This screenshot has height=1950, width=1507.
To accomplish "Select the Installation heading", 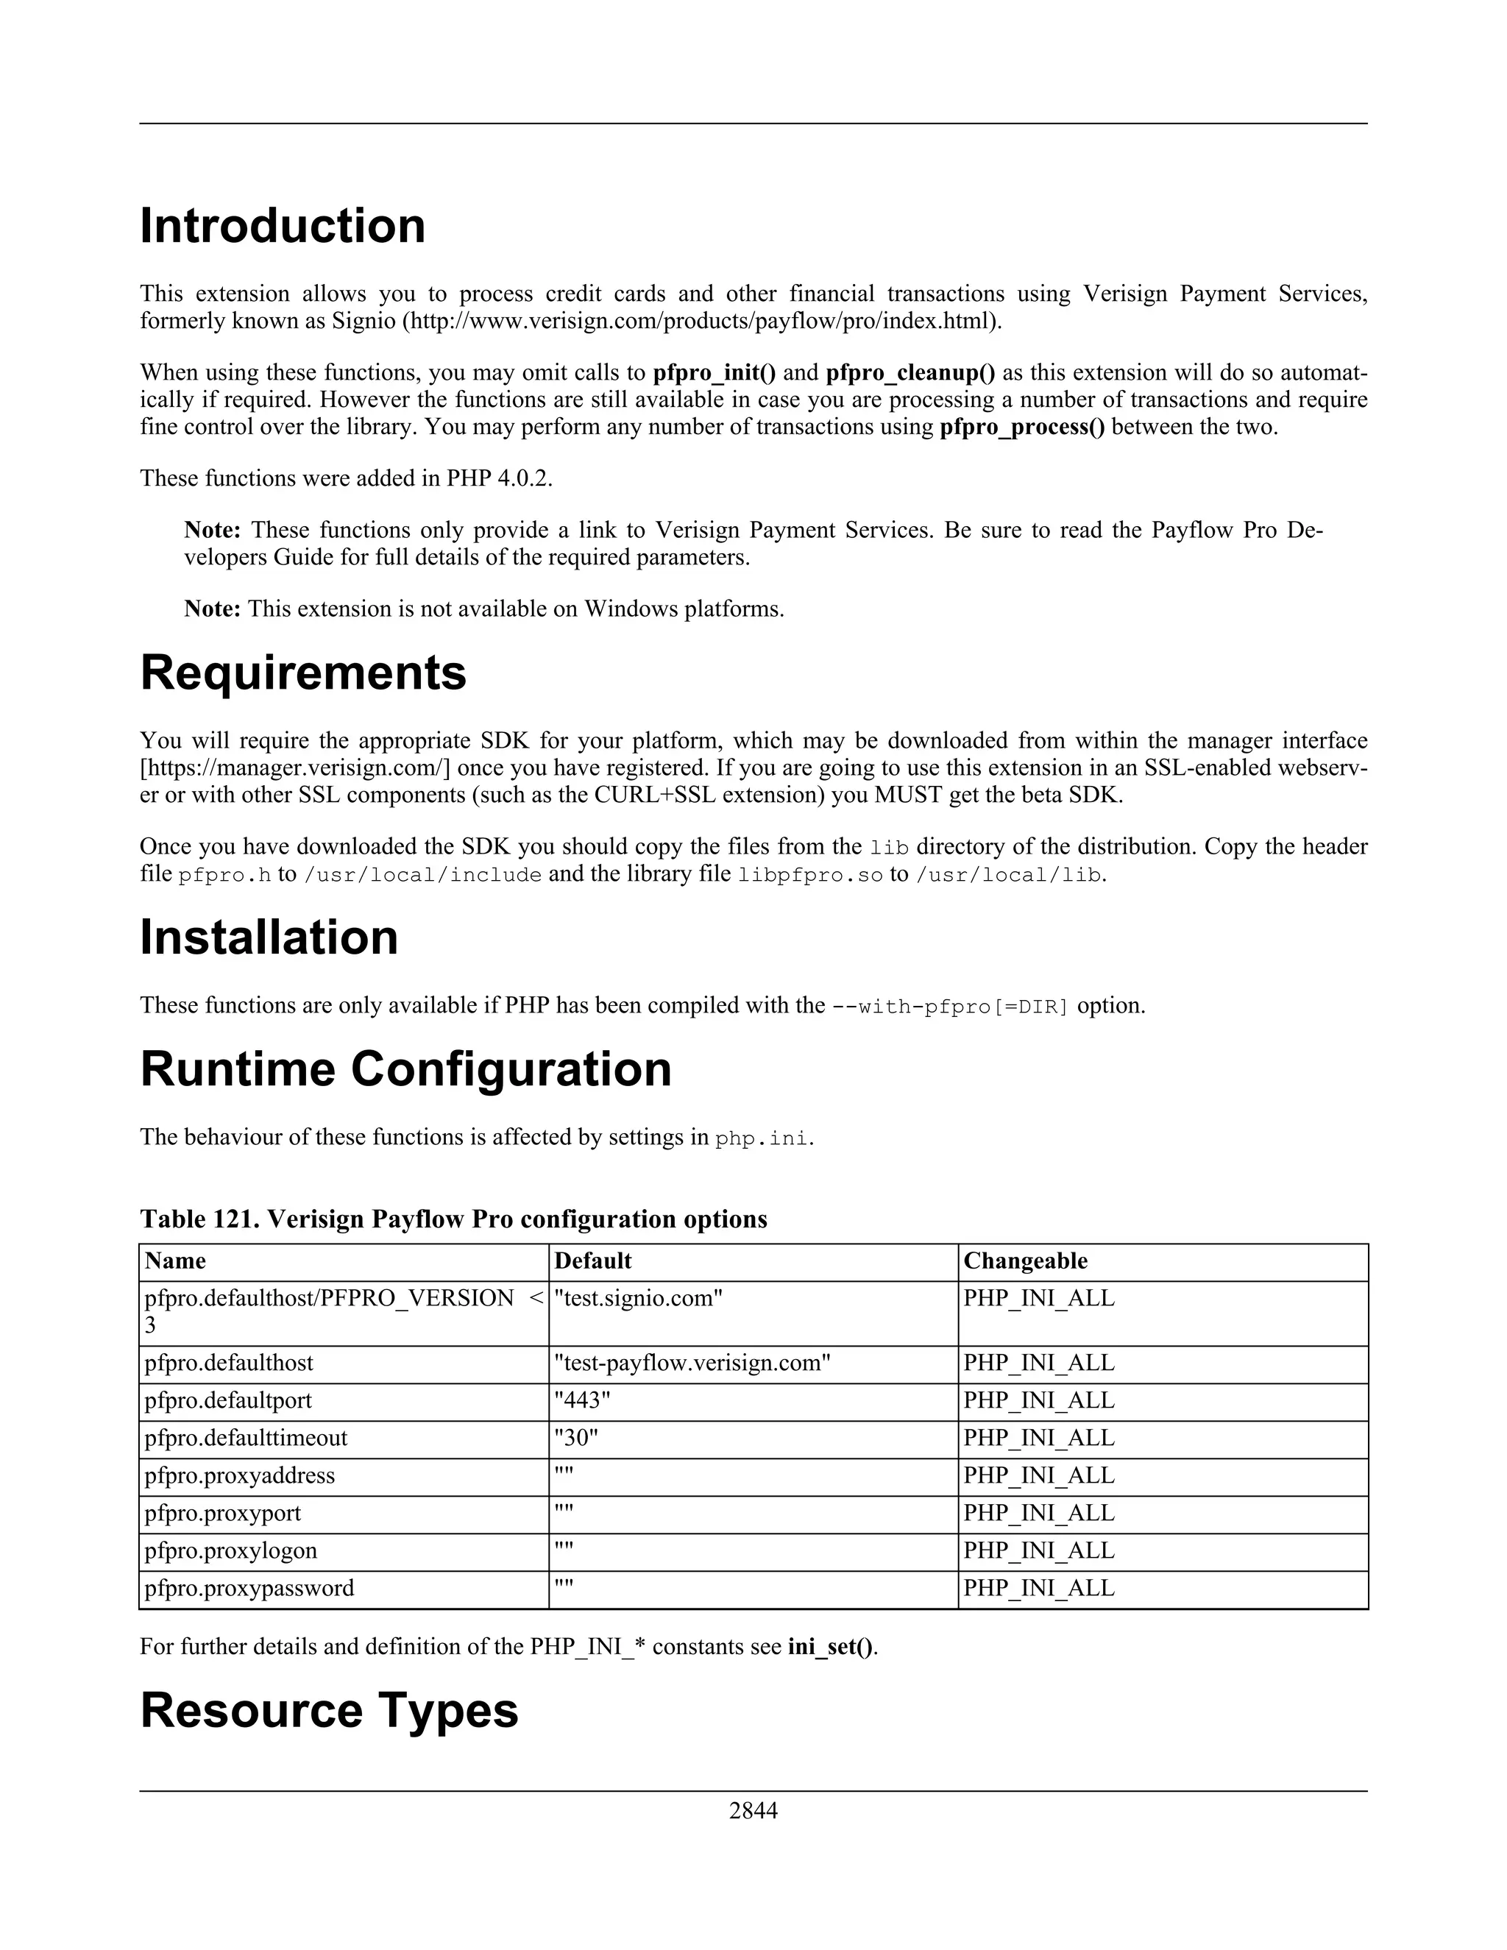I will [269, 937].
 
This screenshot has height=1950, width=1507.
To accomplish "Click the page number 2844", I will [753, 1810].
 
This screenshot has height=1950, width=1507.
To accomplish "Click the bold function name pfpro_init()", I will [715, 373].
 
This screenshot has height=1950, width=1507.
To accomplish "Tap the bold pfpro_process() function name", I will [1022, 427].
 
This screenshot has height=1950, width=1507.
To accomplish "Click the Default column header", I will [593, 1261].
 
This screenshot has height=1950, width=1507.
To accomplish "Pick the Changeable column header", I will [1025, 1261].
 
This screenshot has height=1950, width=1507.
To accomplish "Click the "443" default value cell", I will [582, 1401].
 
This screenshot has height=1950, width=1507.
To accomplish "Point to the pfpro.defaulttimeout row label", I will [246, 1439].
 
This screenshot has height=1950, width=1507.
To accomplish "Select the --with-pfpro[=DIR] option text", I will [950, 1006].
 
